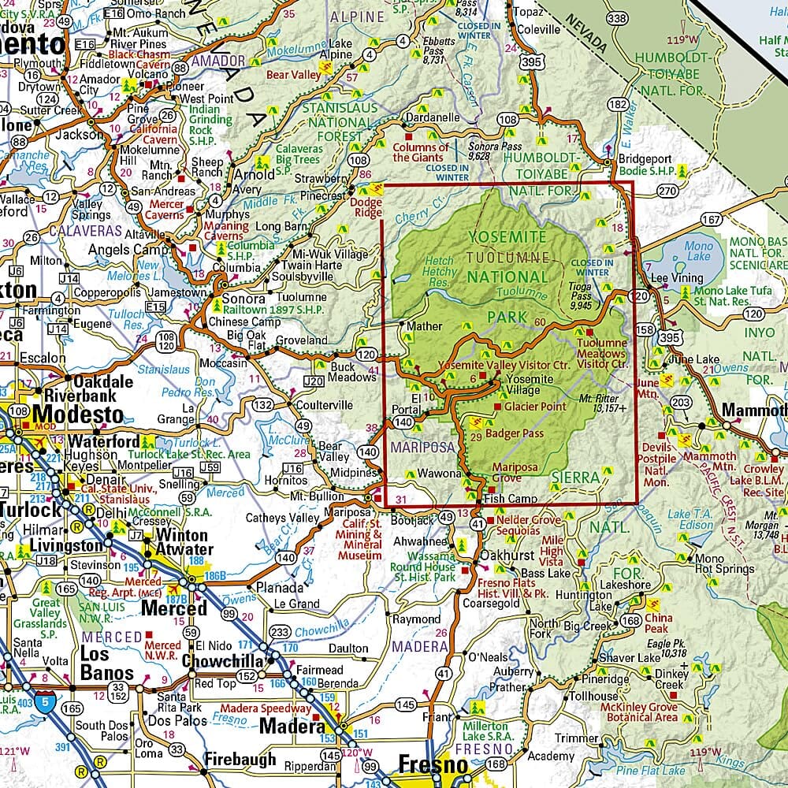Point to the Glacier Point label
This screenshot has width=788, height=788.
click(x=535, y=407)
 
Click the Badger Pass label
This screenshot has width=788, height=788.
click(x=515, y=433)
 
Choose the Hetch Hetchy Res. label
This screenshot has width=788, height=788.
click(x=440, y=270)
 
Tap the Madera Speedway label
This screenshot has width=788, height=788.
click(x=270, y=708)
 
